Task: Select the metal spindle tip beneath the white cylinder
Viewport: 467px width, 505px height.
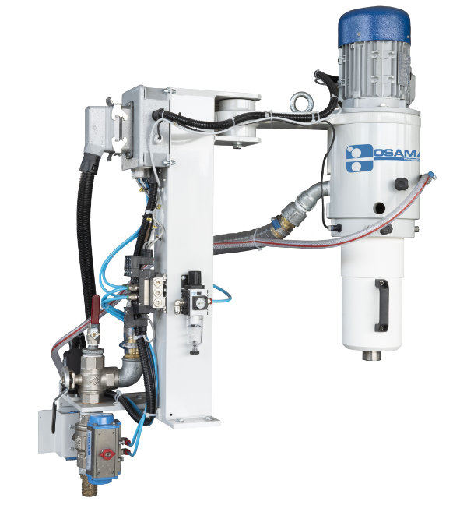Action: click(x=371, y=357)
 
